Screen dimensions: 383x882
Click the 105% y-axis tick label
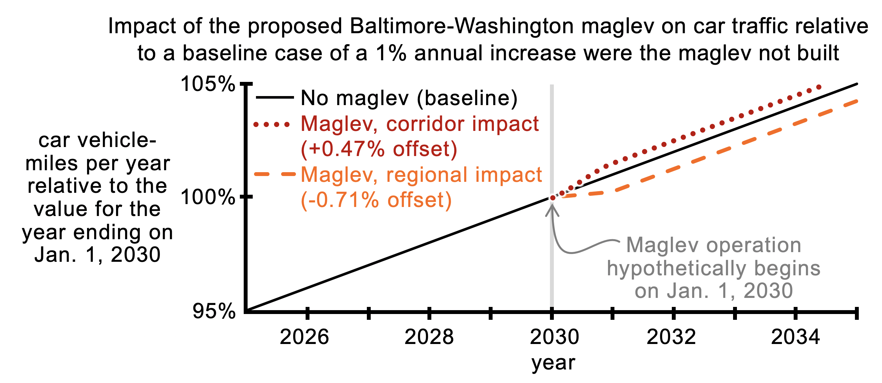point(208,84)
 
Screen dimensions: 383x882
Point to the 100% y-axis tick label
point(208,197)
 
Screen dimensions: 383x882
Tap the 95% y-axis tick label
point(214,311)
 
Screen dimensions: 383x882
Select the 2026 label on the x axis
point(304,337)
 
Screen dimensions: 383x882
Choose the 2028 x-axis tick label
point(429,337)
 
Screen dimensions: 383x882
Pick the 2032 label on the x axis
point(671,337)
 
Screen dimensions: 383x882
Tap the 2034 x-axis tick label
point(795,337)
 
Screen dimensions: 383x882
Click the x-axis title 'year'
point(553,363)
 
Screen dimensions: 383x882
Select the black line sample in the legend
point(275,98)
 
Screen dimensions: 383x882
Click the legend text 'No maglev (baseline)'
point(409,98)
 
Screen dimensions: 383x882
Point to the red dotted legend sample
point(272,124)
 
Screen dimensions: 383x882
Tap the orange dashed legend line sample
point(275,174)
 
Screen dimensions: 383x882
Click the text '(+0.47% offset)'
point(379,149)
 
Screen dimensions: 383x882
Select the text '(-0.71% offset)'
point(376,200)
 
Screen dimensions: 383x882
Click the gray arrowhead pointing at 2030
point(552,210)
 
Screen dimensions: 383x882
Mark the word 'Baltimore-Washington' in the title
point(462,26)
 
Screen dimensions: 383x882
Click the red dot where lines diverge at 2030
point(552,198)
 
